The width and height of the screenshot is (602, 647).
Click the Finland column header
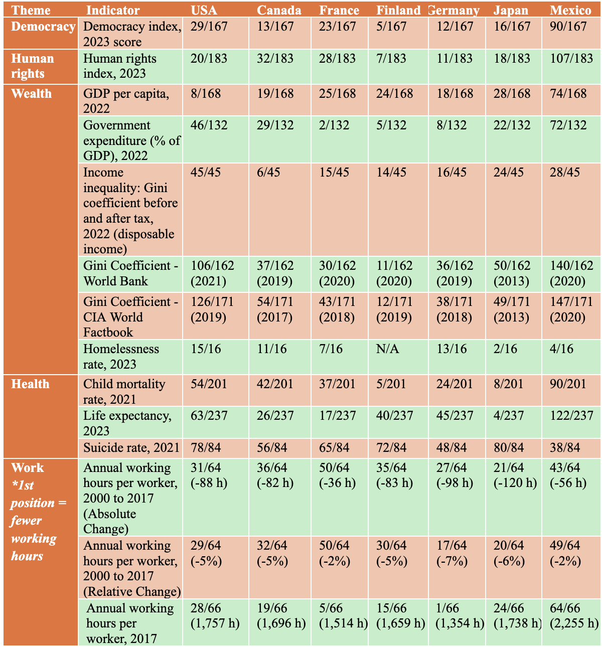click(398, 10)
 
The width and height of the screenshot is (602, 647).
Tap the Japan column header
click(510, 10)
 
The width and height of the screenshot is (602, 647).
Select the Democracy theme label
click(43, 27)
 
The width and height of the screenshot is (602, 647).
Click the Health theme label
click(30, 384)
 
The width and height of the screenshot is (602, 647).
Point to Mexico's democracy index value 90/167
click(568, 27)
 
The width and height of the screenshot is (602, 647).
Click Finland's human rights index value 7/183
click(391, 58)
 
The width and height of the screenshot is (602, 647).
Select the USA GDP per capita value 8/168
click(206, 93)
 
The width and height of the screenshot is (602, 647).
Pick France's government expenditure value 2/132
click(334, 125)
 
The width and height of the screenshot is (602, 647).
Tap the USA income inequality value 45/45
click(206, 172)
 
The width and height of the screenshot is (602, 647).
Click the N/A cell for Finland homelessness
click(387, 349)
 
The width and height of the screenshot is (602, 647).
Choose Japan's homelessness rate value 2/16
click(505, 349)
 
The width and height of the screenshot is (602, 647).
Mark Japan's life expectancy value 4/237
click(509, 416)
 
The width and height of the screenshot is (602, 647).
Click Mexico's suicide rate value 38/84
click(565, 447)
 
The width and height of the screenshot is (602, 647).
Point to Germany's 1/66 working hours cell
click(460, 616)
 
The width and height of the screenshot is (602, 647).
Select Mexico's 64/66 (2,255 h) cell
click(574, 616)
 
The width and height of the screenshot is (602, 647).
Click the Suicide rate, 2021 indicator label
click(131, 447)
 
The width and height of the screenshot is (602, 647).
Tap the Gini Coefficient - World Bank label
click(130, 273)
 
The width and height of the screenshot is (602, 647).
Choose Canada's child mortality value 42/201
click(275, 384)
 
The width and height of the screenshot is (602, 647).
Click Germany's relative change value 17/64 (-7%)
click(452, 553)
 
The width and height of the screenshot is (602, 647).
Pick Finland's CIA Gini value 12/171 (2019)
click(394, 309)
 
